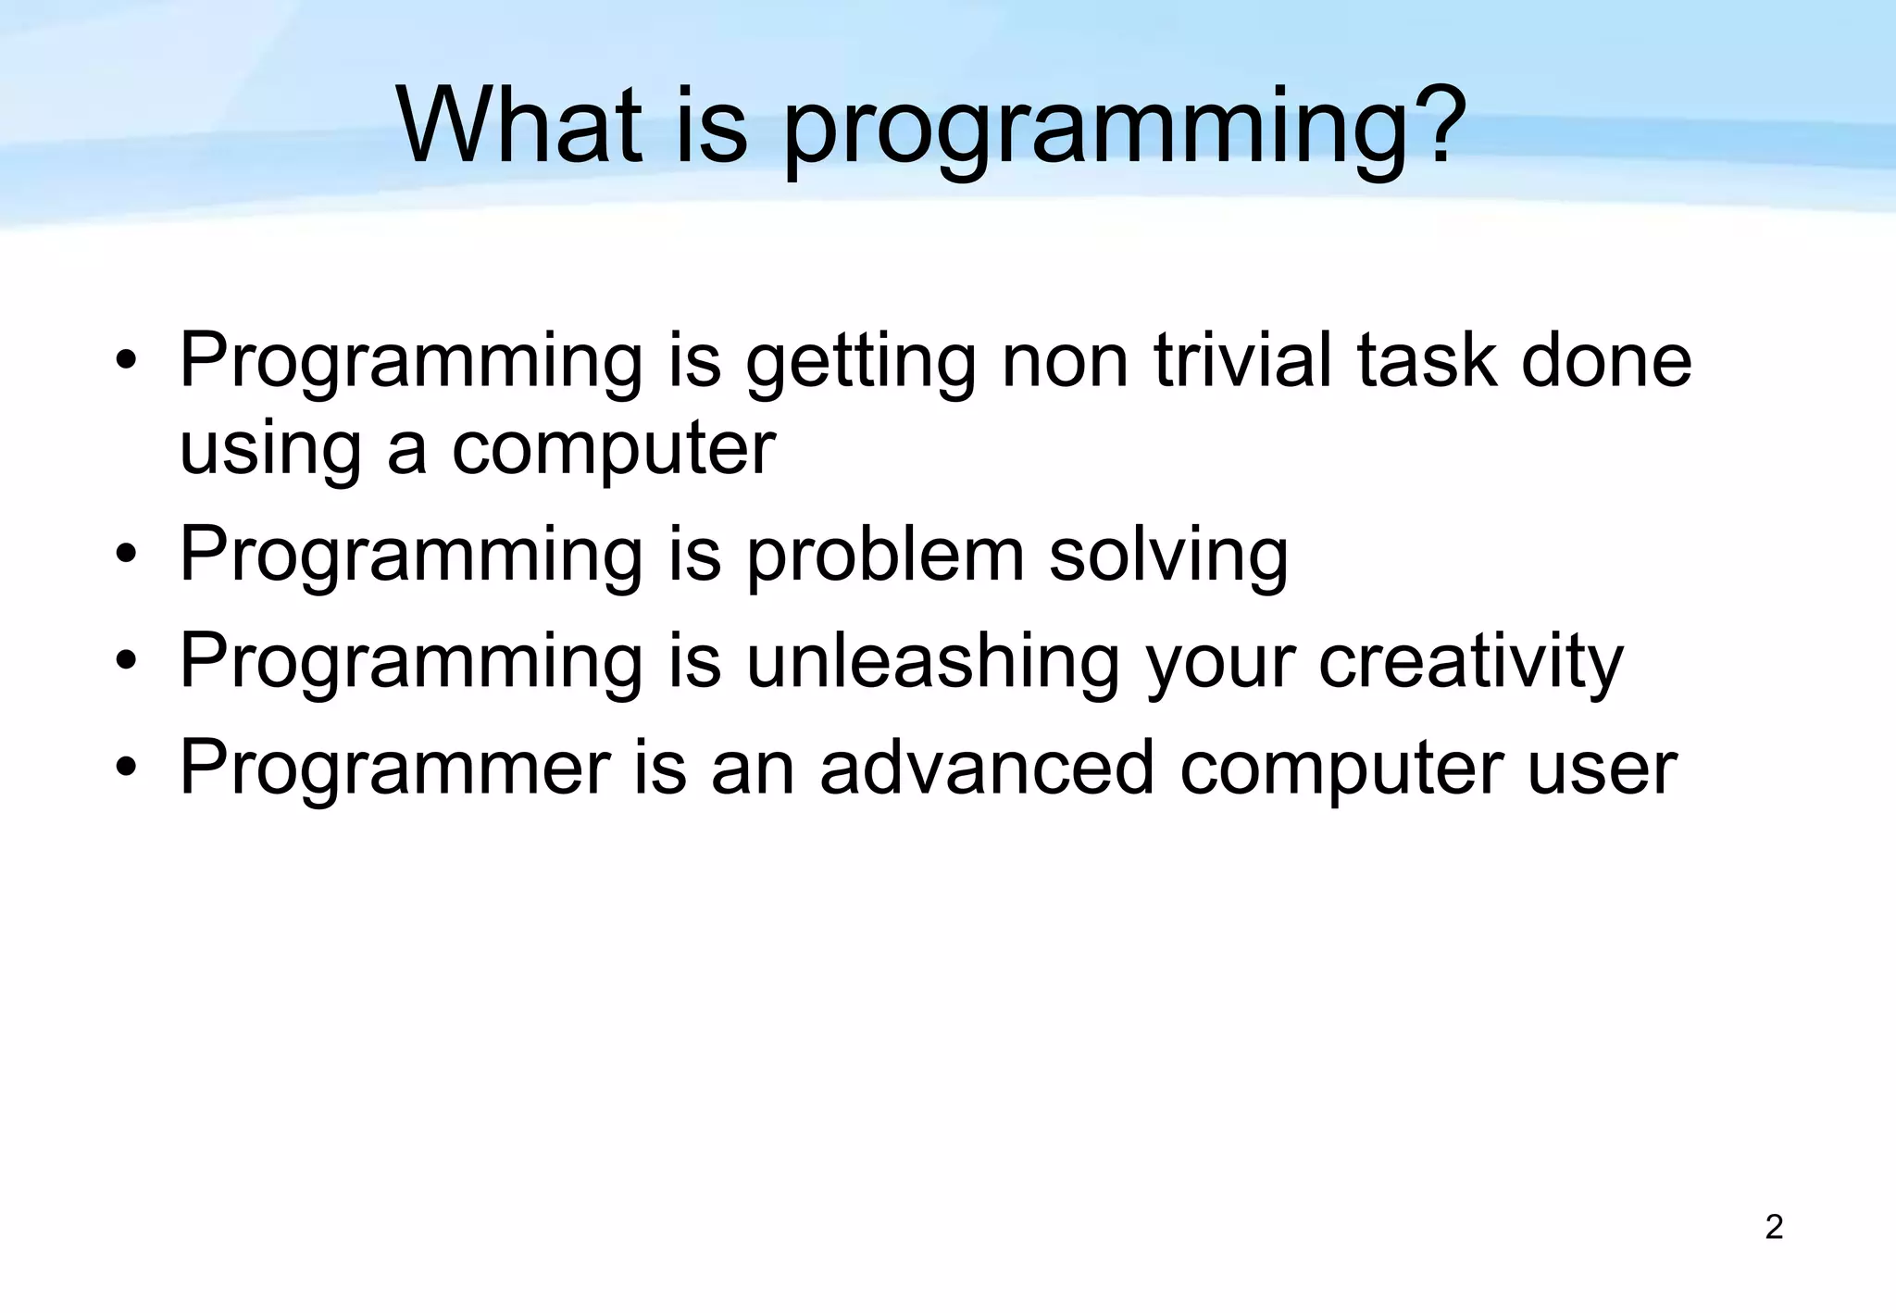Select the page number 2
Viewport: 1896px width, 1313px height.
tap(1774, 1227)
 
